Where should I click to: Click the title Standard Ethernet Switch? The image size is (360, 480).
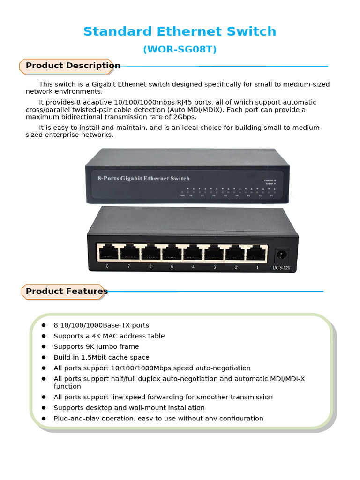tap(180, 32)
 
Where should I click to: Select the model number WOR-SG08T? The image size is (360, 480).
tap(180, 49)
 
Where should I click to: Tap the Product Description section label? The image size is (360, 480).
tap(73, 66)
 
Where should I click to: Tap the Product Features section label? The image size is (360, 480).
tap(67, 291)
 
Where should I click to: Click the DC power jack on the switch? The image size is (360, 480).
tap(281, 255)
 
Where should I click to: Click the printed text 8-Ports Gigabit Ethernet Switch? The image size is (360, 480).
tap(143, 179)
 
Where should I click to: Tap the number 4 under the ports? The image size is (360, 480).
tap(193, 267)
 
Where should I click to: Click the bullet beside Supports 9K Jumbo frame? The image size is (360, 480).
tap(44, 347)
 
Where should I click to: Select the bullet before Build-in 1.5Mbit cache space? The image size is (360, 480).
tap(44, 358)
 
